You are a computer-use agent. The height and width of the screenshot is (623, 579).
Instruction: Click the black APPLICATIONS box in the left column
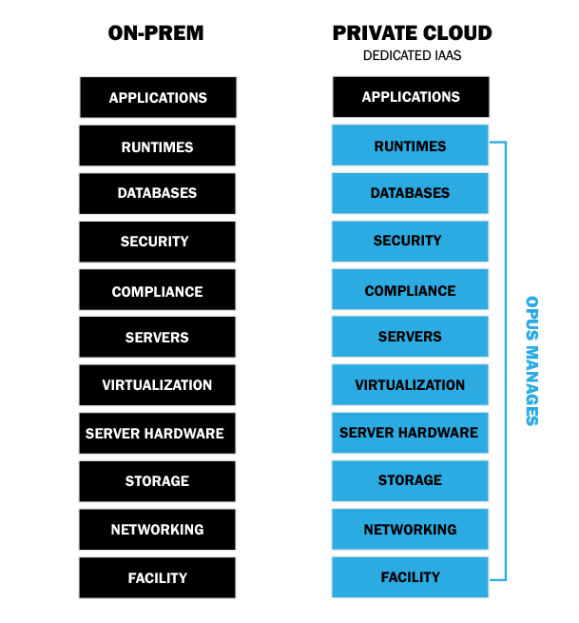pyautogui.click(x=158, y=97)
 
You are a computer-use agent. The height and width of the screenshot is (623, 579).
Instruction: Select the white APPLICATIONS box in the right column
pyautogui.click(x=411, y=97)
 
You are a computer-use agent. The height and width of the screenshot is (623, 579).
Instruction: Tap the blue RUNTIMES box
pyautogui.click(x=410, y=146)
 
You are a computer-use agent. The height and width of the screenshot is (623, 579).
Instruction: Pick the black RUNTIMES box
pyautogui.click(x=157, y=146)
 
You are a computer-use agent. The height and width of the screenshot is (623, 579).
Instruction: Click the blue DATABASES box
pyautogui.click(x=410, y=193)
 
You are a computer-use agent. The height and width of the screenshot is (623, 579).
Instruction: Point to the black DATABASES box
pyautogui.click(x=157, y=193)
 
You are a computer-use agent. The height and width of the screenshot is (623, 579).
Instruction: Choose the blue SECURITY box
pyautogui.click(x=410, y=242)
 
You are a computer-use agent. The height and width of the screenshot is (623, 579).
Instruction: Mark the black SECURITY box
pyautogui.click(x=157, y=242)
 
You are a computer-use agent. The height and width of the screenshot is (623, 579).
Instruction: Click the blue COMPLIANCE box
pyautogui.click(x=410, y=290)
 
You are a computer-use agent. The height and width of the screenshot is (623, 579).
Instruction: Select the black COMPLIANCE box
pyautogui.click(x=157, y=291)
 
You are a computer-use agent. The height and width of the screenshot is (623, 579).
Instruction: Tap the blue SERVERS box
pyautogui.click(x=410, y=337)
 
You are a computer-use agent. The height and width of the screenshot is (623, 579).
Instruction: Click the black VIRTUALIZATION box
pyautogui.click(x=157, y=385)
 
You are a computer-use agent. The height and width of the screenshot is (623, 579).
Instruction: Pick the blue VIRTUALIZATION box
pyautogui.click(x=410, y=385)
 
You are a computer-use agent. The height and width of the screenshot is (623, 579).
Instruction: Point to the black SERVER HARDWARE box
pyautogui.click(x=157, y=434)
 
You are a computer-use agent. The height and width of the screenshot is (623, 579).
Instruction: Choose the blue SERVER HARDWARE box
pyautogui.click(x=410, y=433)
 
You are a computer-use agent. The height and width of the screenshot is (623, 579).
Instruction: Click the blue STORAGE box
pyautogui.click(x=410, y=480)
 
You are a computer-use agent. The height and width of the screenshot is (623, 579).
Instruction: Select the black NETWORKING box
pyautogui.click(x=157, y=530)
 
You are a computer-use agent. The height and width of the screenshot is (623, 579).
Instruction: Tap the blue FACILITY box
pyautogui.click(x=410, y=577)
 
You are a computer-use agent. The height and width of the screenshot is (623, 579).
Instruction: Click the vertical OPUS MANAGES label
pyautogui.click(x=531, y=360)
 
